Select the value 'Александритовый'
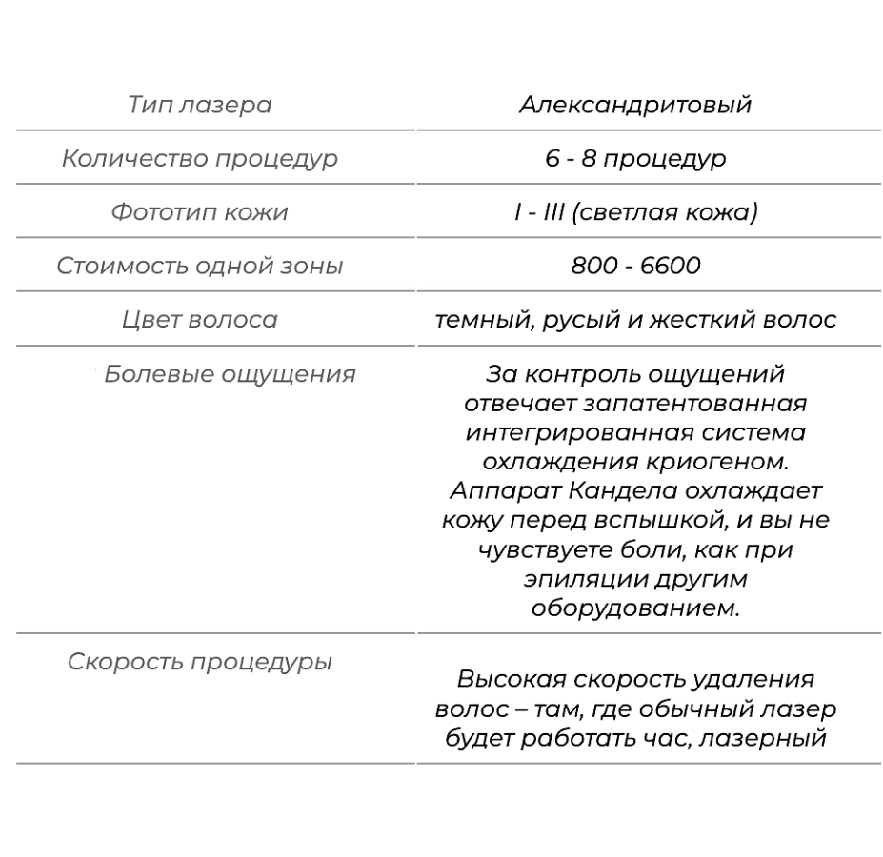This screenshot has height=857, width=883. click(x=635, y=104)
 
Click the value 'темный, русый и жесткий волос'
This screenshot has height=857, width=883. click(x=635, y=319)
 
